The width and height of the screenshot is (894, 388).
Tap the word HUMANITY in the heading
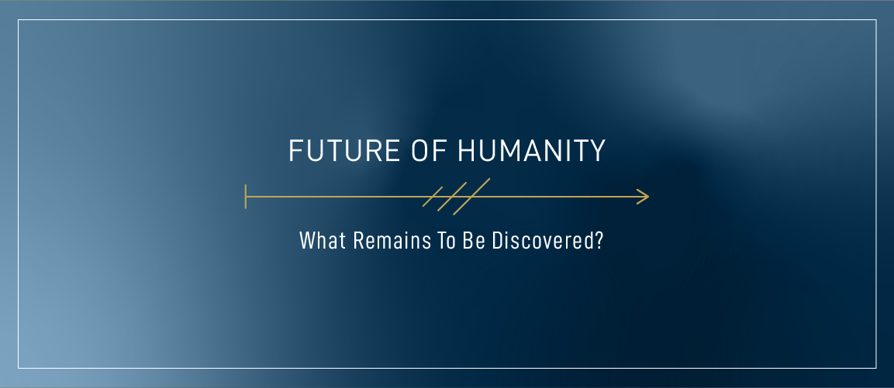point(531,152)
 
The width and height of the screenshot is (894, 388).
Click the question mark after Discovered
point(599,241)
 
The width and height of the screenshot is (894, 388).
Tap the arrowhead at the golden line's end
point(644,197)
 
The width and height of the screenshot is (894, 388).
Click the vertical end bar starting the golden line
point(246,197)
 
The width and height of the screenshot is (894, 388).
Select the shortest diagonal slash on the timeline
point(433,197)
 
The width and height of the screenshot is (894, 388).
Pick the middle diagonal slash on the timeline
point(451,197)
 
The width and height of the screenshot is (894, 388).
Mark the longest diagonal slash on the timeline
point(471,197)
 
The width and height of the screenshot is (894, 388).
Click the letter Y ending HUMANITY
point(597,152)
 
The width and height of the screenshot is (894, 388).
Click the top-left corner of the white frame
point(19,21)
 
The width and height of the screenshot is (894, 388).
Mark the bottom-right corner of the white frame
point(875,367)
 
